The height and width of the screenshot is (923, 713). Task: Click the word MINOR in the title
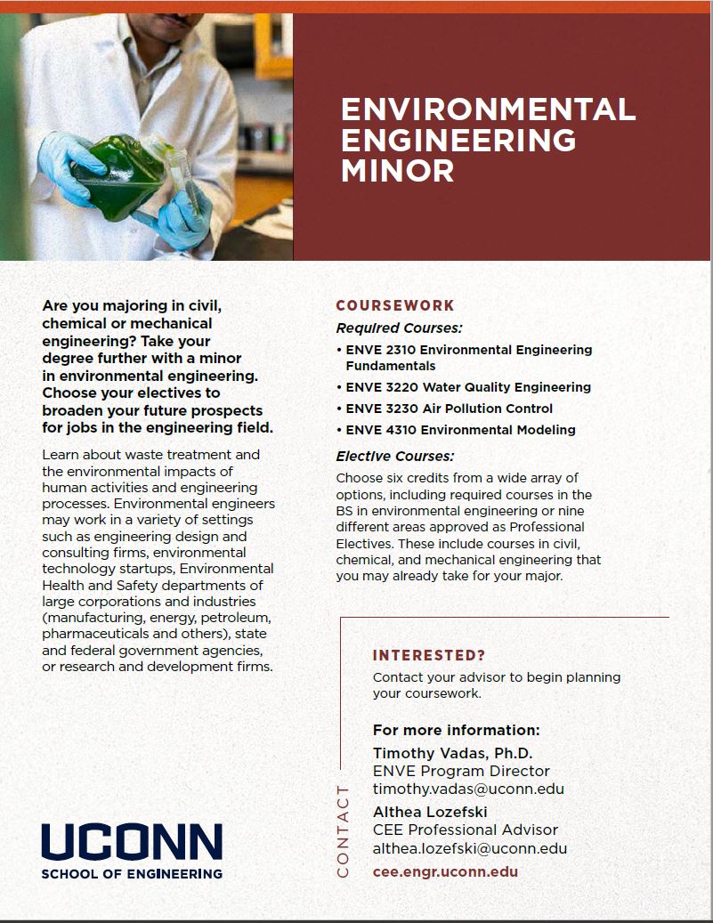[x=398, y=169]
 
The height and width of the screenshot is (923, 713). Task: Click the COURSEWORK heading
[x=395, y=305]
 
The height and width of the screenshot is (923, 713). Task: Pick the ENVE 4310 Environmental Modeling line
[x=460, y=430]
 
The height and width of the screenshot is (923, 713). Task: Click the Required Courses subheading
[x=399, y=328]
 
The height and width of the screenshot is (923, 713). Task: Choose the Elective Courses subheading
[x=395, y=457]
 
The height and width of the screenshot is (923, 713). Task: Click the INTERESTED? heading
[x=429, y=656]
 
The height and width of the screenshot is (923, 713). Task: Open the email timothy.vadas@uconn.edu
[x=468, y=789]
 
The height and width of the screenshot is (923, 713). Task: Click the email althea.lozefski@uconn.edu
[x=470, y=848]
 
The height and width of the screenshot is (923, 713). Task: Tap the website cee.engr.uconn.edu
[x=445, y=871]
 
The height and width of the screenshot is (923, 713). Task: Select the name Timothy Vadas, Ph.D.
[x=452, y=753]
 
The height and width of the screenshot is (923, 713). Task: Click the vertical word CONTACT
[x=343, y=831]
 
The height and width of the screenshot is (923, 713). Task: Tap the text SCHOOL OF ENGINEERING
[x=132, y=874]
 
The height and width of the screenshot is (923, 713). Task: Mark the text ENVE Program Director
[x=461, y=771]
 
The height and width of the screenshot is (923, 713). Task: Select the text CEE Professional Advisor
[x=465, y=830]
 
